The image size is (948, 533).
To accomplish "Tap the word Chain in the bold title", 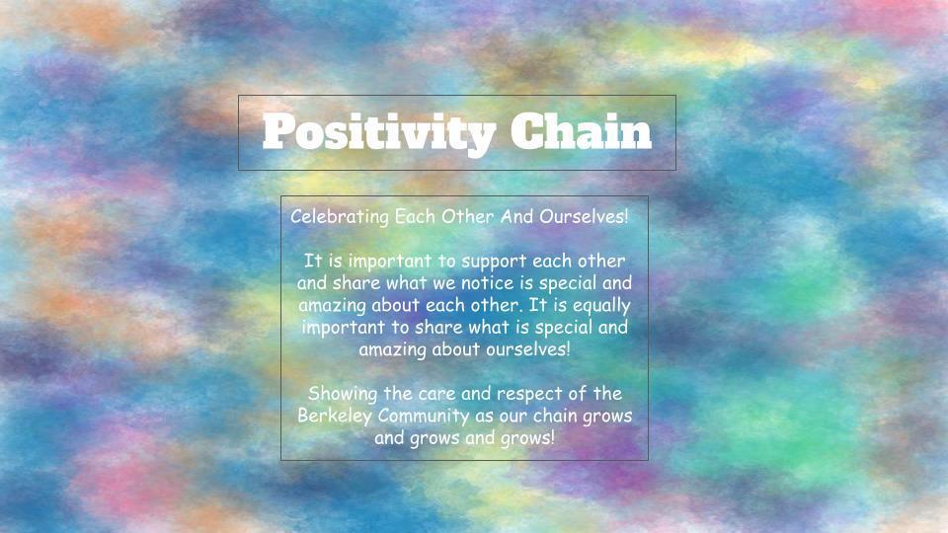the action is [581, 130].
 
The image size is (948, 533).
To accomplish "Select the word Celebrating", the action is [340, 216].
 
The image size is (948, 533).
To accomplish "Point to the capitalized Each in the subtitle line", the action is [416, 216].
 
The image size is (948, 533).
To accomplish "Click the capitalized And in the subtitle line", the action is [517, 216].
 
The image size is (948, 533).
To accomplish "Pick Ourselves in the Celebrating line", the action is [584, 216].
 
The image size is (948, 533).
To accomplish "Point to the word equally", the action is [601, 306].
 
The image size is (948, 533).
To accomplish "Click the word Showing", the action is [344, 395].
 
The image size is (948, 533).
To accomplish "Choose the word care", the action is [436, 395].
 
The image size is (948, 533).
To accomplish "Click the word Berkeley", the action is [335, 417].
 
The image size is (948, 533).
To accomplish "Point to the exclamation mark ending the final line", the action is [551, 437].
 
